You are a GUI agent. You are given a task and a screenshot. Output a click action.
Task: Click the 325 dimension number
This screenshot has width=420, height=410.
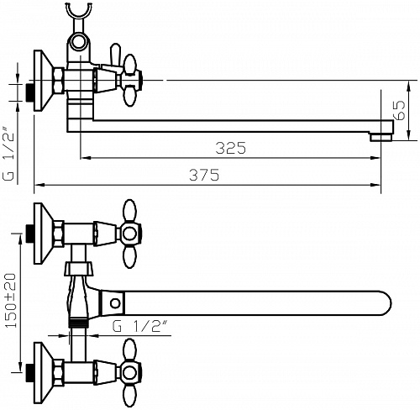231,148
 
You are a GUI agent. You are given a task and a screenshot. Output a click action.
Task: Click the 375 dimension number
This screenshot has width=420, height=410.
204,175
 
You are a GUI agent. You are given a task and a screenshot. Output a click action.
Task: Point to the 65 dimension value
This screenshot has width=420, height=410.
399,110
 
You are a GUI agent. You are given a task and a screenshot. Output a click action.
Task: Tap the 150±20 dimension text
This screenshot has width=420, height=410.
11,301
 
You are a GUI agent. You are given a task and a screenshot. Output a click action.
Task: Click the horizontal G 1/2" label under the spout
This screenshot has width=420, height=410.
140,326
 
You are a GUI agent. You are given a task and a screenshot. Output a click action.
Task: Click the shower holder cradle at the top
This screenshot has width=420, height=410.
79,10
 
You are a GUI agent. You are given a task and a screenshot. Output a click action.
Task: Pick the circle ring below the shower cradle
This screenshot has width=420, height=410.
79,42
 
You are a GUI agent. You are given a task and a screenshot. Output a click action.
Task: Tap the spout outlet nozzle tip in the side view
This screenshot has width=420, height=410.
381,138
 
